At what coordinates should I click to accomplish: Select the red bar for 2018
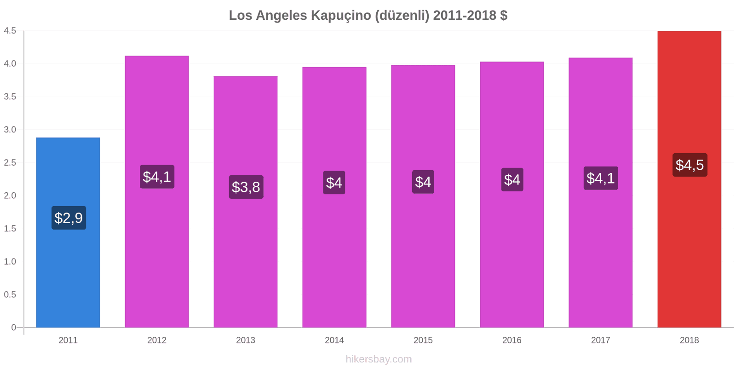click(x=689, y=253)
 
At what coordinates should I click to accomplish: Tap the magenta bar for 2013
click(x=246, y=258)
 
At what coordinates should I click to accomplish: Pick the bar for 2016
click(x=512, y=253)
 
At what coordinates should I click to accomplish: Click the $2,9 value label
click(x=69, y=218)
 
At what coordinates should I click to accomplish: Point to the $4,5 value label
click(x=690, y=165)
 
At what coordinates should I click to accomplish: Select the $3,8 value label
click(x=246, y=187)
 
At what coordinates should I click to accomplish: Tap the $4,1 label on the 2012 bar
click(x=157, y=177)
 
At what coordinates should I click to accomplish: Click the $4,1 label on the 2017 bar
click(x=601, y=178)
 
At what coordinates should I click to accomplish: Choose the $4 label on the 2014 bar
click(x=334, y=183)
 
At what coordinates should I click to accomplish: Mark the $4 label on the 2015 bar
click(x=423, y=182)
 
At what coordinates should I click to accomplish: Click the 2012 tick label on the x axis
click(x=157, y=340)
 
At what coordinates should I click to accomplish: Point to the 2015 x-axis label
click(x=423, y=340)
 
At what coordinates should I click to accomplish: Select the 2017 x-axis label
click(x=600, y=340)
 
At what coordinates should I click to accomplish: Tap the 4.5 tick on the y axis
click(x=10, y=31)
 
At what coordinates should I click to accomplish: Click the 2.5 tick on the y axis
click(x=10, y=163)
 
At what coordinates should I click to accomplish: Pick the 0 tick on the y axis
click(x=14, y=328)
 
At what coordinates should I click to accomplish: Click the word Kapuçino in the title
click(x=341, y=15)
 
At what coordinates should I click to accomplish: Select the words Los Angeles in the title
click(x=268, y=15)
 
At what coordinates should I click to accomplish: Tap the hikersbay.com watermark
click(x=379, y=359)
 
